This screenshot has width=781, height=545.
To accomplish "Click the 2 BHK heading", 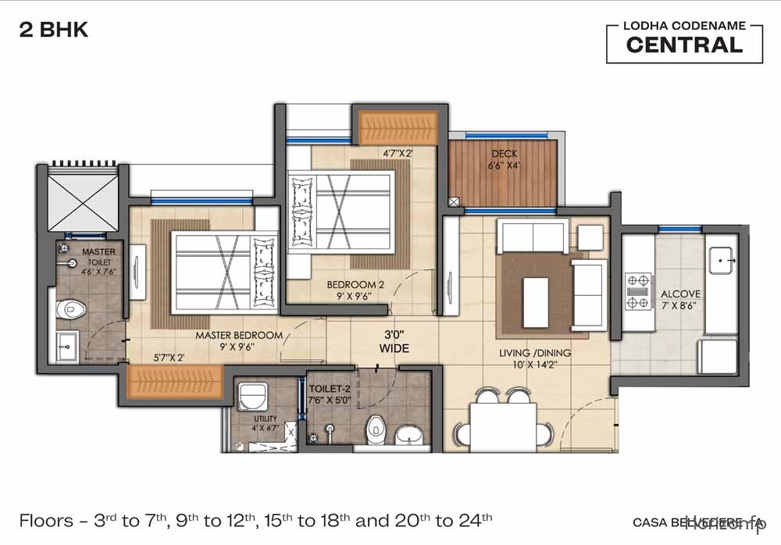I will coord(53,30).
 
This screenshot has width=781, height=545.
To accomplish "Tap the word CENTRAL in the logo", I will coord(684,45).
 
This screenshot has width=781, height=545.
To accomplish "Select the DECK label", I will coord(504,154).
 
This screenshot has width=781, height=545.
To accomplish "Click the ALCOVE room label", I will coord(680,294).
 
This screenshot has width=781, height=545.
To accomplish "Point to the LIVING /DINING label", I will coord(535,353).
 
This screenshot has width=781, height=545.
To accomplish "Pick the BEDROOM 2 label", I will coord(355,285).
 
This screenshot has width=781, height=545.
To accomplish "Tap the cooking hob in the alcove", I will coord(638,290).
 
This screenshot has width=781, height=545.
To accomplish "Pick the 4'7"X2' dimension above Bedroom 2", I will coord(398,153).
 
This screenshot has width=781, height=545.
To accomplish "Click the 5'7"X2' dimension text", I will coord(169,358).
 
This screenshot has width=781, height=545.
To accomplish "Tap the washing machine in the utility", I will coord(252,397).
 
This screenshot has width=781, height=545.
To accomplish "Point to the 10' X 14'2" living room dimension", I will coord(535,365).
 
